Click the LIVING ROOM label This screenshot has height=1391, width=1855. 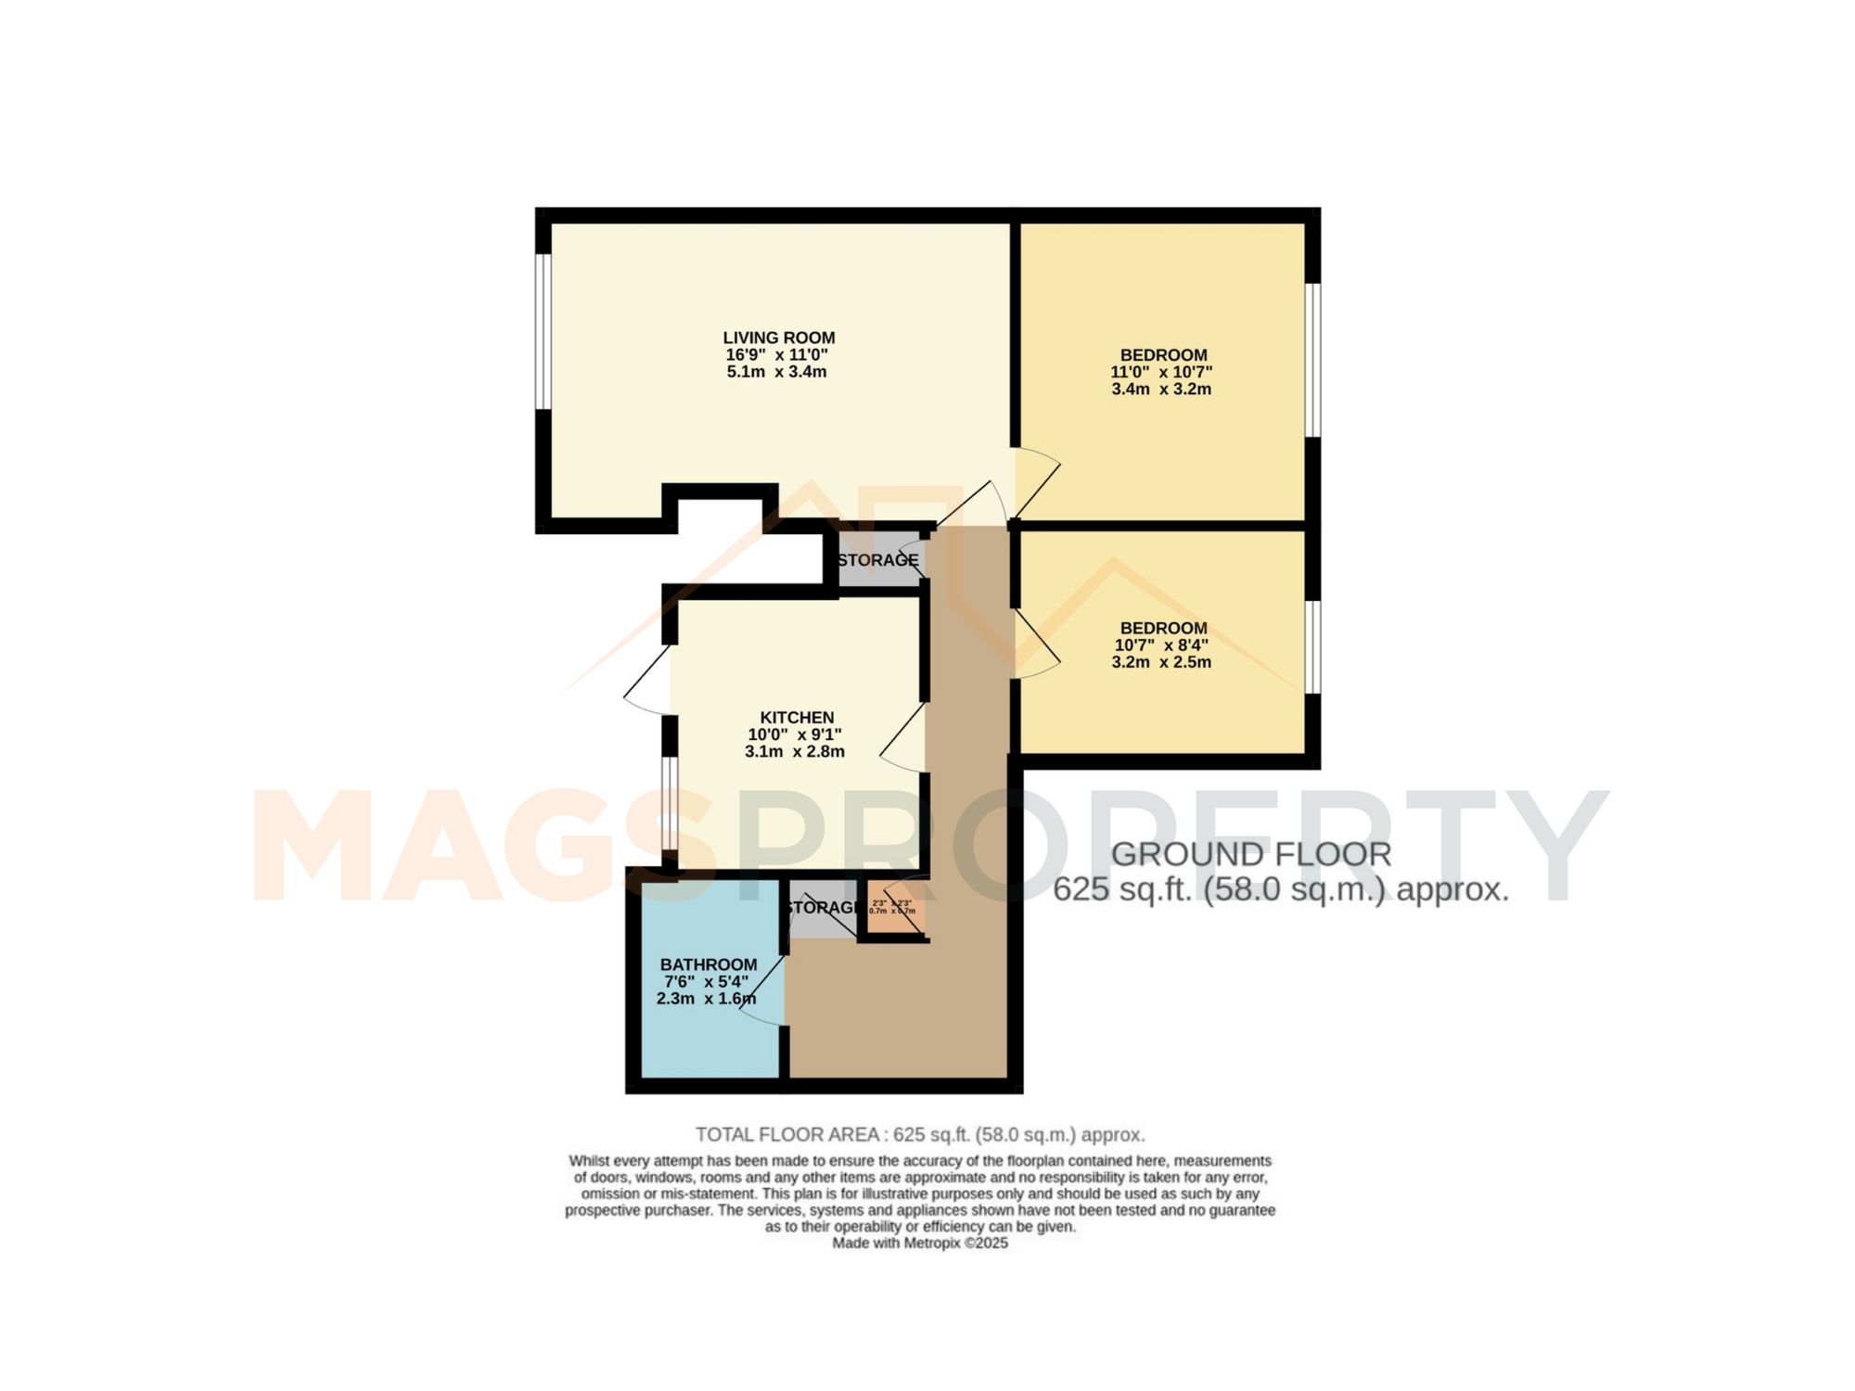point(778,338)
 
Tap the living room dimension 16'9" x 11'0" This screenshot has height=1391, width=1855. point(776,355)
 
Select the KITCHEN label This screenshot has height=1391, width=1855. point(797,717)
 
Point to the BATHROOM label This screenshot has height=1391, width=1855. point(709,964)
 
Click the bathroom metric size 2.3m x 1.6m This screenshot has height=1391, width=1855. point(706,999)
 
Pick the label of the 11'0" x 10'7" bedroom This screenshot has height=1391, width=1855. point(1163,354)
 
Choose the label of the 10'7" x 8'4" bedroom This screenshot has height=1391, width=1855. point(1163,628)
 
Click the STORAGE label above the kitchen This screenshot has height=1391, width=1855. point(877,560)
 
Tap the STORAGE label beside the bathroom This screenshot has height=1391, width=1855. point(823,907)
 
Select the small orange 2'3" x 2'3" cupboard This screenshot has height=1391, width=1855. point(892,907)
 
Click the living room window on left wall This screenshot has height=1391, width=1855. point(544,331)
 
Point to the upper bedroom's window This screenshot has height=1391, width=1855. point(1313,359)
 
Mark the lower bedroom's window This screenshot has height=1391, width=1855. point(1313,646)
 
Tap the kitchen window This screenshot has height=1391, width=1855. point(669,803)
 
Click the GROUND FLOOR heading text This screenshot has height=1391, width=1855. point(1250,854)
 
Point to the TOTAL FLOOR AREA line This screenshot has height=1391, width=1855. point(920,1134)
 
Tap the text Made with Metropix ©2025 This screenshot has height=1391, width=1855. point(919,1243)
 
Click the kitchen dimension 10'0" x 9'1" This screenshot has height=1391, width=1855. point(795,734)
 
